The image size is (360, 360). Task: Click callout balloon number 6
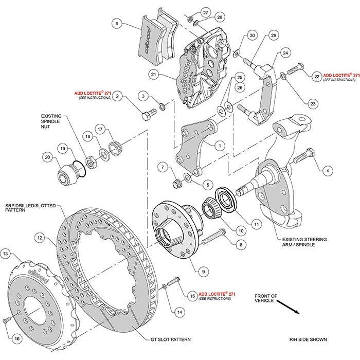[117, 23]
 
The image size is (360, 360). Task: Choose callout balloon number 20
[47, 158]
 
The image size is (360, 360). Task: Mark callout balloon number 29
[273, 34]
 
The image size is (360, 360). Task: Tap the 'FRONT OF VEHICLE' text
[266, 298]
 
